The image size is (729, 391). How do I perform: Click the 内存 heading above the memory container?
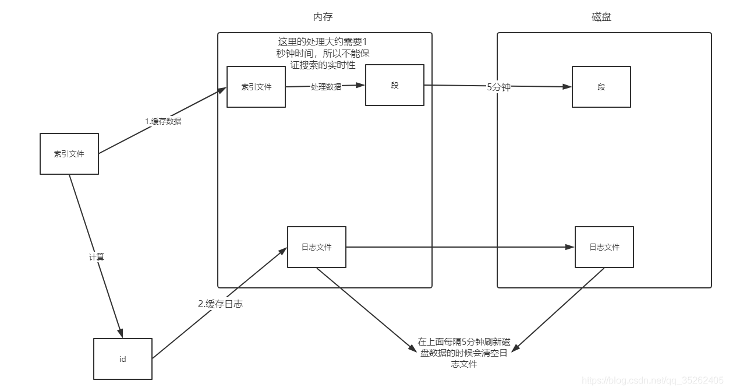pos(323,17)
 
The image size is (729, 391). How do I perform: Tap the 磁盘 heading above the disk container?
pos(601,17)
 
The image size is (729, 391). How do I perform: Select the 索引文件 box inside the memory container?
pos(256,87)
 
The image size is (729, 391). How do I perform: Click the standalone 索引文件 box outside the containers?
pos(69,154)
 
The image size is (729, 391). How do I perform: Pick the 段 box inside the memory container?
pos(394,85)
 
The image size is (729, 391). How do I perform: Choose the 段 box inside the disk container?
pos(601,87)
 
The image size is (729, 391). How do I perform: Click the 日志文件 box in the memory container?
pos(317,247)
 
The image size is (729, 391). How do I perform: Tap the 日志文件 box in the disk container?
pos(604,247)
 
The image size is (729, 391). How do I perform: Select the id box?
pos(122,359)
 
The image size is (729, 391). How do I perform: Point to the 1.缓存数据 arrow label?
pos(163,121)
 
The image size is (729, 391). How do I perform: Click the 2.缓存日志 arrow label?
pos(220,304)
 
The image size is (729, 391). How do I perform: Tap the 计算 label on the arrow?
pos(96,256)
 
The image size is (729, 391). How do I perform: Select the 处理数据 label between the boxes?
pos(326,87)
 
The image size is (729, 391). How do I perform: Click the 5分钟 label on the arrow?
pos(498,87)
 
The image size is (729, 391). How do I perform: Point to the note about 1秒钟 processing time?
pos(323,54)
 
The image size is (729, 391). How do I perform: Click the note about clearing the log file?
pos(463,353)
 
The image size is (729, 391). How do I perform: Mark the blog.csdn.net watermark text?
pos(652,381)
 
